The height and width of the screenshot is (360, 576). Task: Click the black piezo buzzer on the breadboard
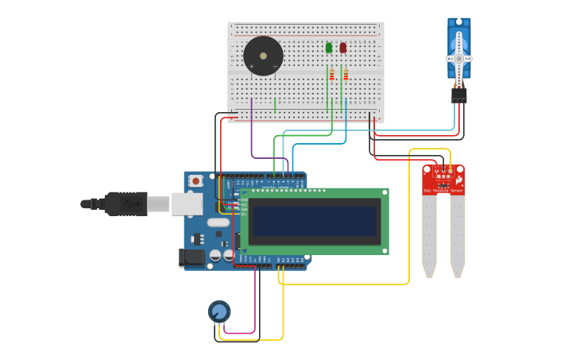click(263, 56)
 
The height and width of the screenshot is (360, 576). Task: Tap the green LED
click(329, 48)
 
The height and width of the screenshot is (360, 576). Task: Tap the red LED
click(343, 48)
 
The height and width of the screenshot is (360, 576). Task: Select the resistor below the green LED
click(331, 75)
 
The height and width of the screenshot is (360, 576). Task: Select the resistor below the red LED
click(346, 75)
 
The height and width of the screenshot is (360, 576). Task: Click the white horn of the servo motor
click(458, 58)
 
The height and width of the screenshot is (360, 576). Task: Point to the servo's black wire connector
click(458, 95)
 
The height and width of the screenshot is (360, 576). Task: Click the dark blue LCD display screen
click(315, 221)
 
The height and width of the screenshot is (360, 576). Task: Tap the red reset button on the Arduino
click(195, 181)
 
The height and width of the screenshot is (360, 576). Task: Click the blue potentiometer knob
click(219, 311)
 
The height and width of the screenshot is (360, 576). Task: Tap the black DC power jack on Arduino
click(191, 257)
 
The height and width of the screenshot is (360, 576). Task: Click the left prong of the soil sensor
click(429, 234)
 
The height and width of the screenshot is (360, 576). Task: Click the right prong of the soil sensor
click(458, 234)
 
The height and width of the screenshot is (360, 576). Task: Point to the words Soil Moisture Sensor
click(443, 191)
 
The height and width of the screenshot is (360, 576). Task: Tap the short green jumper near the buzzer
click(275, 105)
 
